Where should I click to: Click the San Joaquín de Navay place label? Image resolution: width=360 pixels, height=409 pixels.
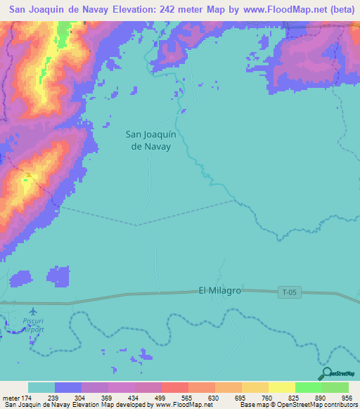pos(149,141)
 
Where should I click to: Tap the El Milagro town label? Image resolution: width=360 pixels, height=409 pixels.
pos(219,290)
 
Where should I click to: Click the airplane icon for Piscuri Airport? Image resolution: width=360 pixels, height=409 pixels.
pos(32,311)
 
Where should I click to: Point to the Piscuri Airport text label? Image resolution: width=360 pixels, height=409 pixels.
pos(32,325)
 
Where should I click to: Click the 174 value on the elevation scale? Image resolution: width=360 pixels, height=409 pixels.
pos(24,397)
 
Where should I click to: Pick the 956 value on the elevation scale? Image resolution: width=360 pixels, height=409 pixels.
pos(347,397)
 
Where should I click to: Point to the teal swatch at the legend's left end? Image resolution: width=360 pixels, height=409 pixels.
pos(41,387)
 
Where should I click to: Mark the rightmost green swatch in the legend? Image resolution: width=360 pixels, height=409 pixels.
pos(335,387)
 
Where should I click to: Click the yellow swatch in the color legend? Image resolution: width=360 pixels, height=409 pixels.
pos(281,387)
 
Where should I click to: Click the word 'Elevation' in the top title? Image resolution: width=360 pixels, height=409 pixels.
pos(112,10)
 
